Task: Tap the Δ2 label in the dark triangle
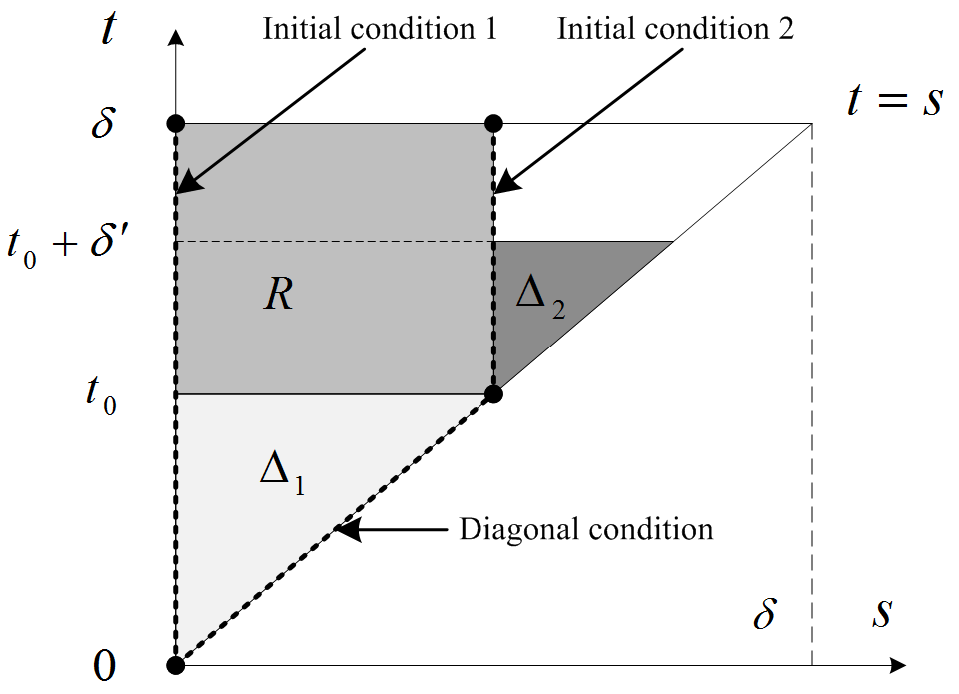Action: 540,297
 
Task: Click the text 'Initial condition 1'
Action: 380,28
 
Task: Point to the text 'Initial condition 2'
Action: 675,28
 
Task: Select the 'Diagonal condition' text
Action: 586,528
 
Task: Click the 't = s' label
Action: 894,101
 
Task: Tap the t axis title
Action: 110,30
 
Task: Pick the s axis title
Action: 881,612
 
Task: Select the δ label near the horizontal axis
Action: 764,612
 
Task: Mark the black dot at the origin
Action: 176,664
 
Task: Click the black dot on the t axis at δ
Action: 176,124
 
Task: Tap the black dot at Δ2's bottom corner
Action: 493,394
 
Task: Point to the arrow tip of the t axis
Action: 176,35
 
